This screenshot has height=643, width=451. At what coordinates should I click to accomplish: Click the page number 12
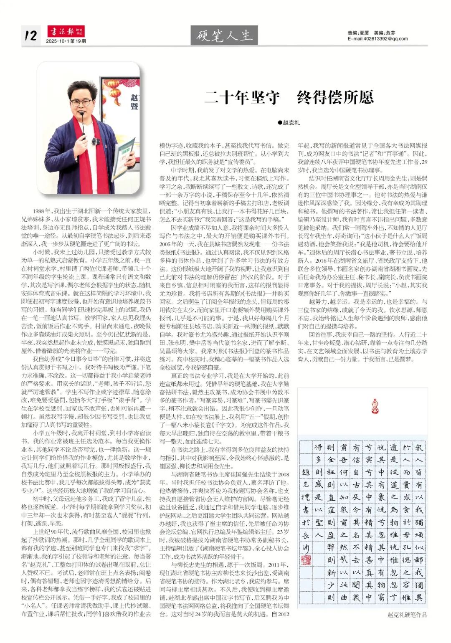click(x=31, y=35)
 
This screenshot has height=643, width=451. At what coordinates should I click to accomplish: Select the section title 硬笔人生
click(x=224, y=35)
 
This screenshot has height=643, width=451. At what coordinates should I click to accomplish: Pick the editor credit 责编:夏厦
click(x=358, y=33)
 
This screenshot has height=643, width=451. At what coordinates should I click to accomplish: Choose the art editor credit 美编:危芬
click(x=384, y=33)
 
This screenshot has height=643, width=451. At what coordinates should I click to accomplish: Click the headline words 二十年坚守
click(x=242, y=98)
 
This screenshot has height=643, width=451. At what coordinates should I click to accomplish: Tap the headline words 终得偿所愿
click(x=335, y=98)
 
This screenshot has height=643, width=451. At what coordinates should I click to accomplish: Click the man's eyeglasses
click(x=81, y=102)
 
